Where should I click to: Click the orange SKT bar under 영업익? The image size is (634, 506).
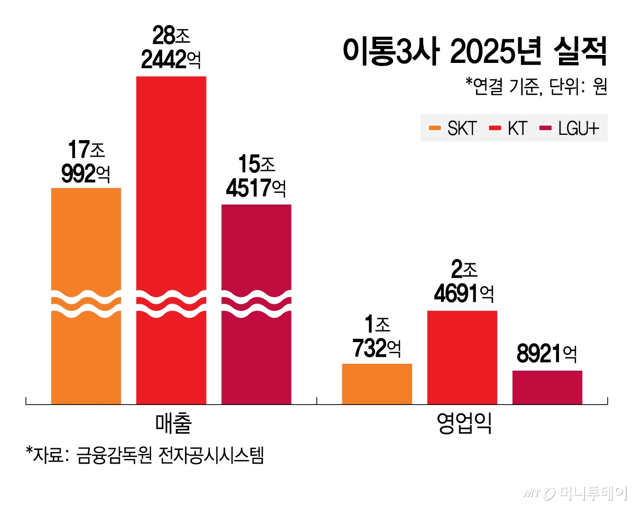click(377, 384)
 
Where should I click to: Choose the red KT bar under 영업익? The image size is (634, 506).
click(462, 357)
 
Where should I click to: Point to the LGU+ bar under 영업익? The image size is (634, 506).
click(547, 387)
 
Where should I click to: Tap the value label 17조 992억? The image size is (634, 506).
click(86, 161)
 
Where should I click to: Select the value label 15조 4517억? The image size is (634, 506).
click(256, 177)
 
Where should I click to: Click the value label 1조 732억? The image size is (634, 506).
click(377, 337)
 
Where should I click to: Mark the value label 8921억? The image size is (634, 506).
click(546, 354)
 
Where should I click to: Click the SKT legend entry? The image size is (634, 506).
click(453, 128)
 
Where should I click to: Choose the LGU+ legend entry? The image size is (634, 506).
click(570, 128)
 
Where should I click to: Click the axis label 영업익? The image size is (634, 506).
click(462, 424)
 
